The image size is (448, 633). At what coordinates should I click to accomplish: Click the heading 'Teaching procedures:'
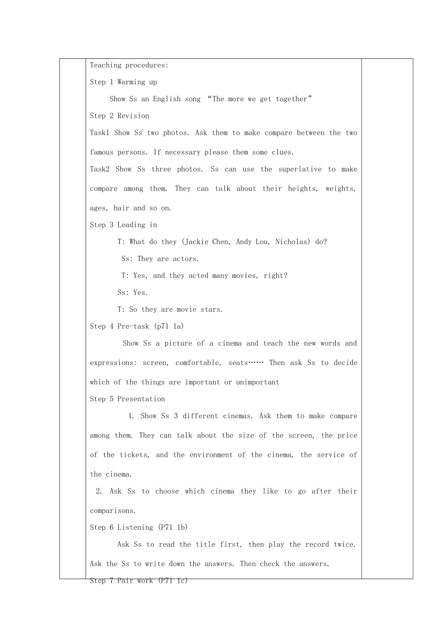129,65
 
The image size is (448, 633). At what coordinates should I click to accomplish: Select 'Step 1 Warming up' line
124,82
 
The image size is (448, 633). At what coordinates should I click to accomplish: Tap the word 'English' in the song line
166,99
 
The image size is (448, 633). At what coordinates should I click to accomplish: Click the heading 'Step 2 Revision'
119,116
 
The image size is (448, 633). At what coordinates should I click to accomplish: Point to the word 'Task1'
100,133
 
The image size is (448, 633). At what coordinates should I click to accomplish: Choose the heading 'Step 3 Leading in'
124,225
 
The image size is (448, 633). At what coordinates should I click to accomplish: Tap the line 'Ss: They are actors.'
160,259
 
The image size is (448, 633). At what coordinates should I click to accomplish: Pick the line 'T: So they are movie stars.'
170,309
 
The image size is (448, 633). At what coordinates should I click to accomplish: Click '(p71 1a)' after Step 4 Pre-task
169,326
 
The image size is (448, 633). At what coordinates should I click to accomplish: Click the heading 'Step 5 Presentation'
127,399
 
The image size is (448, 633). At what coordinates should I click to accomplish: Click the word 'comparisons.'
113,511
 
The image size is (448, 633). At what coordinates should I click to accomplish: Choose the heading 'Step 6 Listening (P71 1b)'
139,527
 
